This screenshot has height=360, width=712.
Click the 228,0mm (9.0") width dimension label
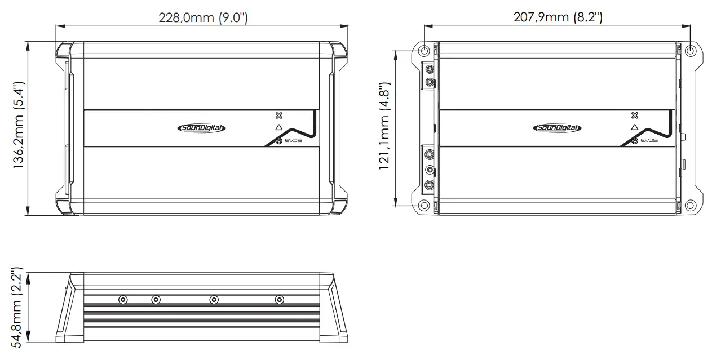[203, 17]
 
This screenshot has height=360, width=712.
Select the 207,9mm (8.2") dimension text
[558, 17]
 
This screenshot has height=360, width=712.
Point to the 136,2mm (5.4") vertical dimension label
[19, 127]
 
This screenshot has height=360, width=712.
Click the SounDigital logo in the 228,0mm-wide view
[201, 128]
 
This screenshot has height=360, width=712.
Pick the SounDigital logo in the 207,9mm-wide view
[557, 128]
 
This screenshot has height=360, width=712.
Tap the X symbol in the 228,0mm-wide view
[278, 115]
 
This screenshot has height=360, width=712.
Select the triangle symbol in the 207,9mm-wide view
[635, 128]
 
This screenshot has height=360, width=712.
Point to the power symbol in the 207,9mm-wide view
[635, 140]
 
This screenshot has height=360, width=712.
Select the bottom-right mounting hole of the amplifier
[691, 205]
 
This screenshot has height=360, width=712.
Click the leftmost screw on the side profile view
[123, 300]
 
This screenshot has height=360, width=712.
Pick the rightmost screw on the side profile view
[279, 300]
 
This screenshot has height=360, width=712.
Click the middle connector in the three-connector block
[430, 170]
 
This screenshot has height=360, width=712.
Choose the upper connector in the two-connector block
[430, 70]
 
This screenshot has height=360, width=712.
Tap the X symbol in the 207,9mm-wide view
[635, 115]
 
